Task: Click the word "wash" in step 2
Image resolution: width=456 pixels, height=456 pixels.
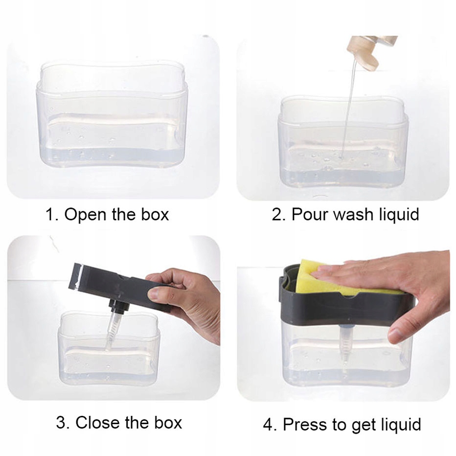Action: coord(353,215)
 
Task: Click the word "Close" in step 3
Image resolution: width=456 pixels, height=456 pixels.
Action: coord(98,422)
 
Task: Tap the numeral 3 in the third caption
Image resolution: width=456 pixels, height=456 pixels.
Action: coord(61,423)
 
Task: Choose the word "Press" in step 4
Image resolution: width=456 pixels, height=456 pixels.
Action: coord(306,424)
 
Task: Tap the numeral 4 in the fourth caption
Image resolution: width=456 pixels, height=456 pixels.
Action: coord(268,425)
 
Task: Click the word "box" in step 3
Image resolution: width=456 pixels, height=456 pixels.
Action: coord(168,422)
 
